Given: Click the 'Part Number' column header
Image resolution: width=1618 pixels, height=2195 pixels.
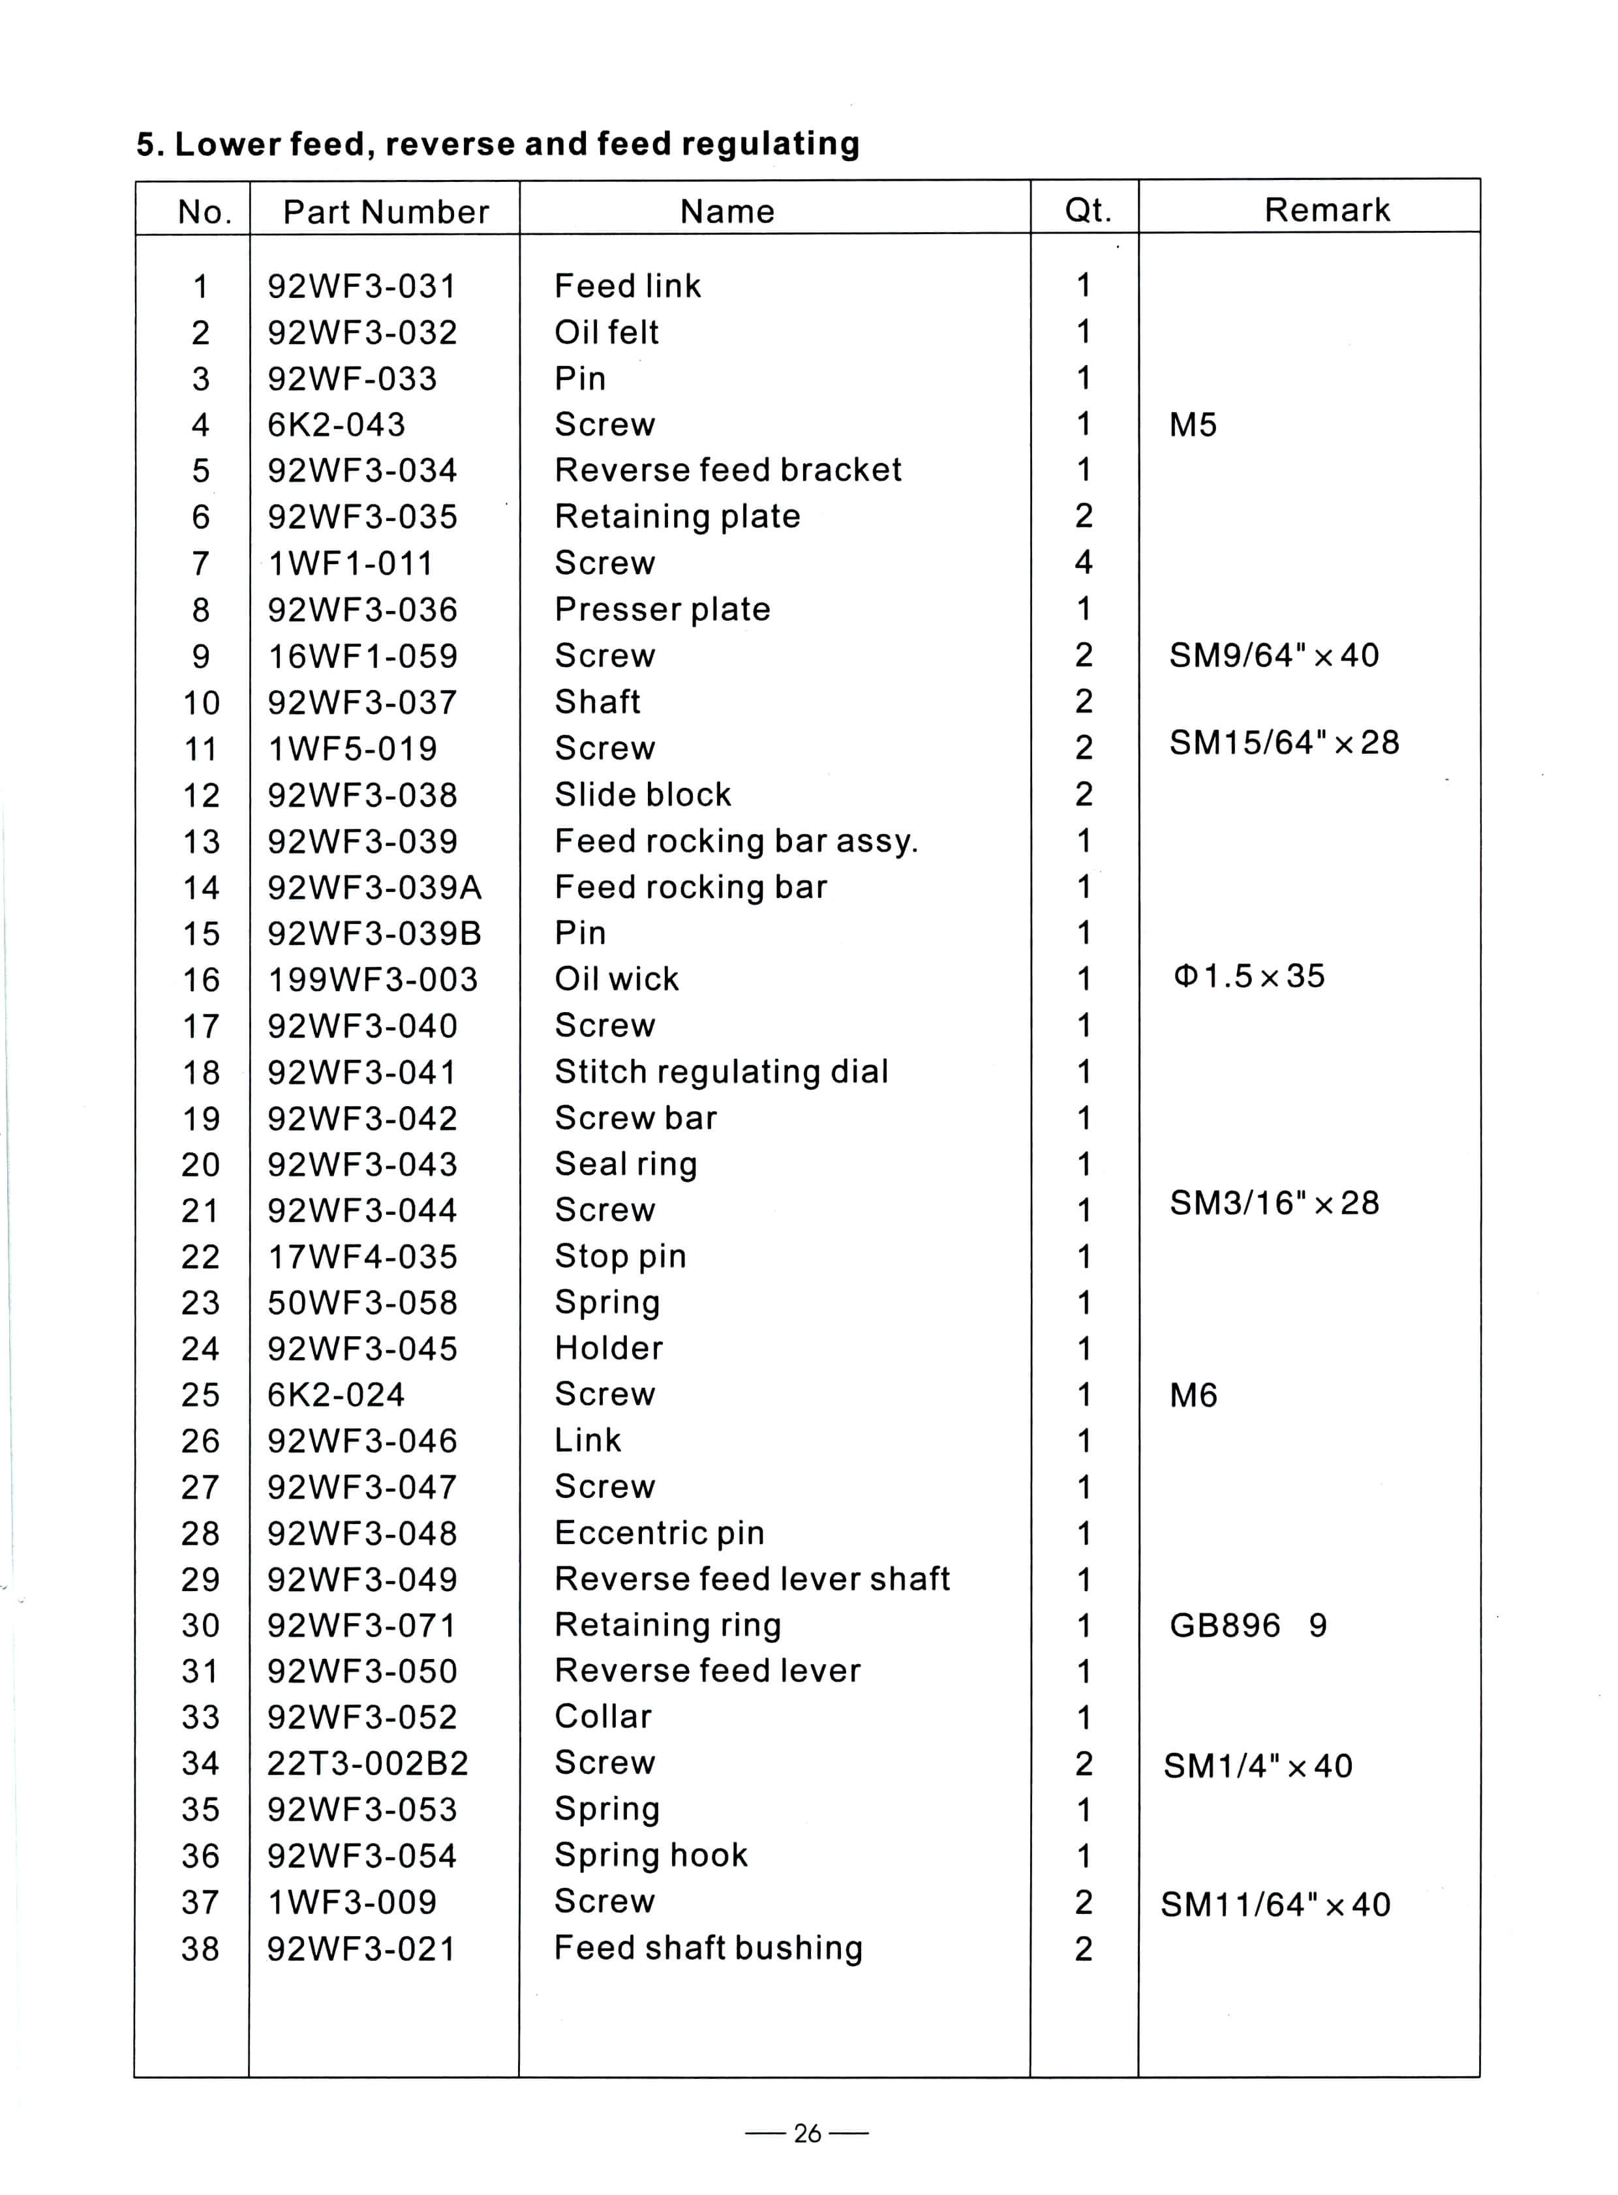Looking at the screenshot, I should click(386, 211).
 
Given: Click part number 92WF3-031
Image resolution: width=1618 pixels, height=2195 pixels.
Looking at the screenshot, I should click(361, 286).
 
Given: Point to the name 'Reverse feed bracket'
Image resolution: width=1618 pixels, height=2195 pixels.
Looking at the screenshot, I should click(727, 470).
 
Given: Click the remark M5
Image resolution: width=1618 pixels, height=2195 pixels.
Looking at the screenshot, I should click(1192, 425).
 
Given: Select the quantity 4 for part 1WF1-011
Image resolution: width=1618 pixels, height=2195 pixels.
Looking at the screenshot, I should click(1083, 562).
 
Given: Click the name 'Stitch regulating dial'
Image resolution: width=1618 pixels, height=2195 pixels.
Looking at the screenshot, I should click(721, 1071).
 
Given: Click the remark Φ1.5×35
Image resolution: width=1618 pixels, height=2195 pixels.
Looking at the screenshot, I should click(1249, 976).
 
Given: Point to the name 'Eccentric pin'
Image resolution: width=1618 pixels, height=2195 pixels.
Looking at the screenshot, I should click(659, 1532).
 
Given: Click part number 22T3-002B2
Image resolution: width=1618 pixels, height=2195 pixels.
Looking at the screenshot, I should click(367, 1763).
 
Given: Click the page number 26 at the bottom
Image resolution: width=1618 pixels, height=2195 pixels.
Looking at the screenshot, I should click(807, 2133).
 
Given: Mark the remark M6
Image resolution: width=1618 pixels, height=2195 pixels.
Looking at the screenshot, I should click(1192, 1395).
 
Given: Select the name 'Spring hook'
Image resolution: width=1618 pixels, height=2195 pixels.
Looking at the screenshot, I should click(650, 1855).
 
